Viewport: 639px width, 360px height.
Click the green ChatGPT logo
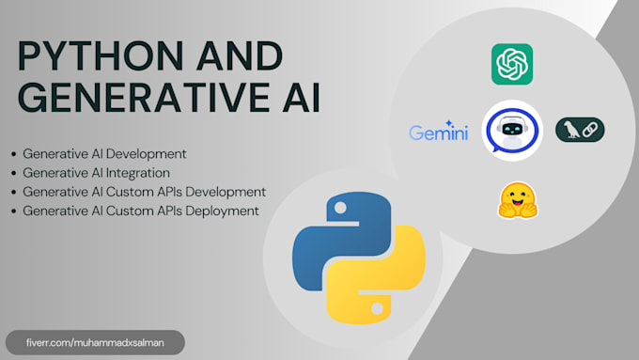point(512,65)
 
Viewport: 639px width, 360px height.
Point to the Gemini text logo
point(438,133)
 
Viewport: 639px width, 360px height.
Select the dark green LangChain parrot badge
point(580,130)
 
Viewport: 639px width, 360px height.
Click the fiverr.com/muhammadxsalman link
point(93,342)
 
